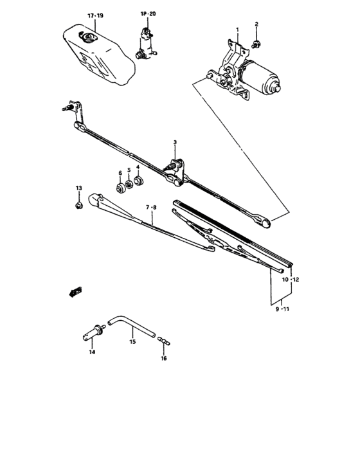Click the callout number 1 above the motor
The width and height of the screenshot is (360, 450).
[237, 30]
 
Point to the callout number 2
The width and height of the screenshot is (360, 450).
[256, 24]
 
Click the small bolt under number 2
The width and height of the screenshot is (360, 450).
[256, 44]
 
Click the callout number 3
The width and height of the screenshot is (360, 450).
[174, 142]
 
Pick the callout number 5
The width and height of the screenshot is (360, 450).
[129, 170]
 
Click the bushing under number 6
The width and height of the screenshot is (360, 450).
[120, 188]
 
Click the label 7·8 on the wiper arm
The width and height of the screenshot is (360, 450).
[152, 207]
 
